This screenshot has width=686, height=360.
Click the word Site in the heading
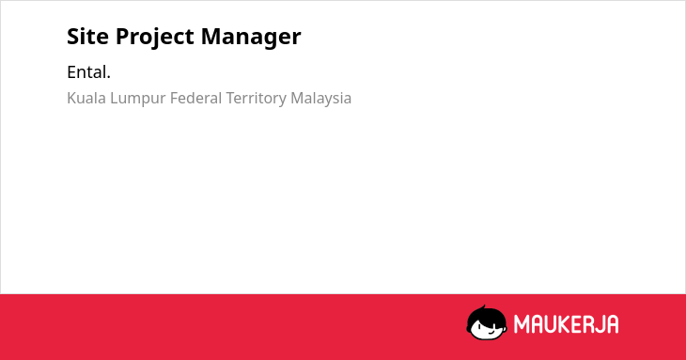(88, 36)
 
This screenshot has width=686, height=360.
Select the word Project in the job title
(155, 38)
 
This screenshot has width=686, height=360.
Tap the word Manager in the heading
(251, 38)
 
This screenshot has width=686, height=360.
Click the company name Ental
(89, 72)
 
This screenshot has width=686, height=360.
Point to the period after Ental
(108, 78)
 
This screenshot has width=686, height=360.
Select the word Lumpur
(138, 100)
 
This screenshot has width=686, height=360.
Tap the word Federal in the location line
(196, 98)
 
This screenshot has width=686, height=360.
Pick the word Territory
(257, 100)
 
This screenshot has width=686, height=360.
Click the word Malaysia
(321, 100)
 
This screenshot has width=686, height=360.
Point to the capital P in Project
(122, 37)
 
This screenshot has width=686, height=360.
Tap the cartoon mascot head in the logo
(487, 322)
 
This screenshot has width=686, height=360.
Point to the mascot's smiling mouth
(491, 332)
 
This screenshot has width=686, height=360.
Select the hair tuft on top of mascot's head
(484, 307)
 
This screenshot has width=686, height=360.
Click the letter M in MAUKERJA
(522, 324)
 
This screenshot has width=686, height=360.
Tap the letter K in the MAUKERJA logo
(565, 324)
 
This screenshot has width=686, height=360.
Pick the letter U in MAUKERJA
(551, 324)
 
